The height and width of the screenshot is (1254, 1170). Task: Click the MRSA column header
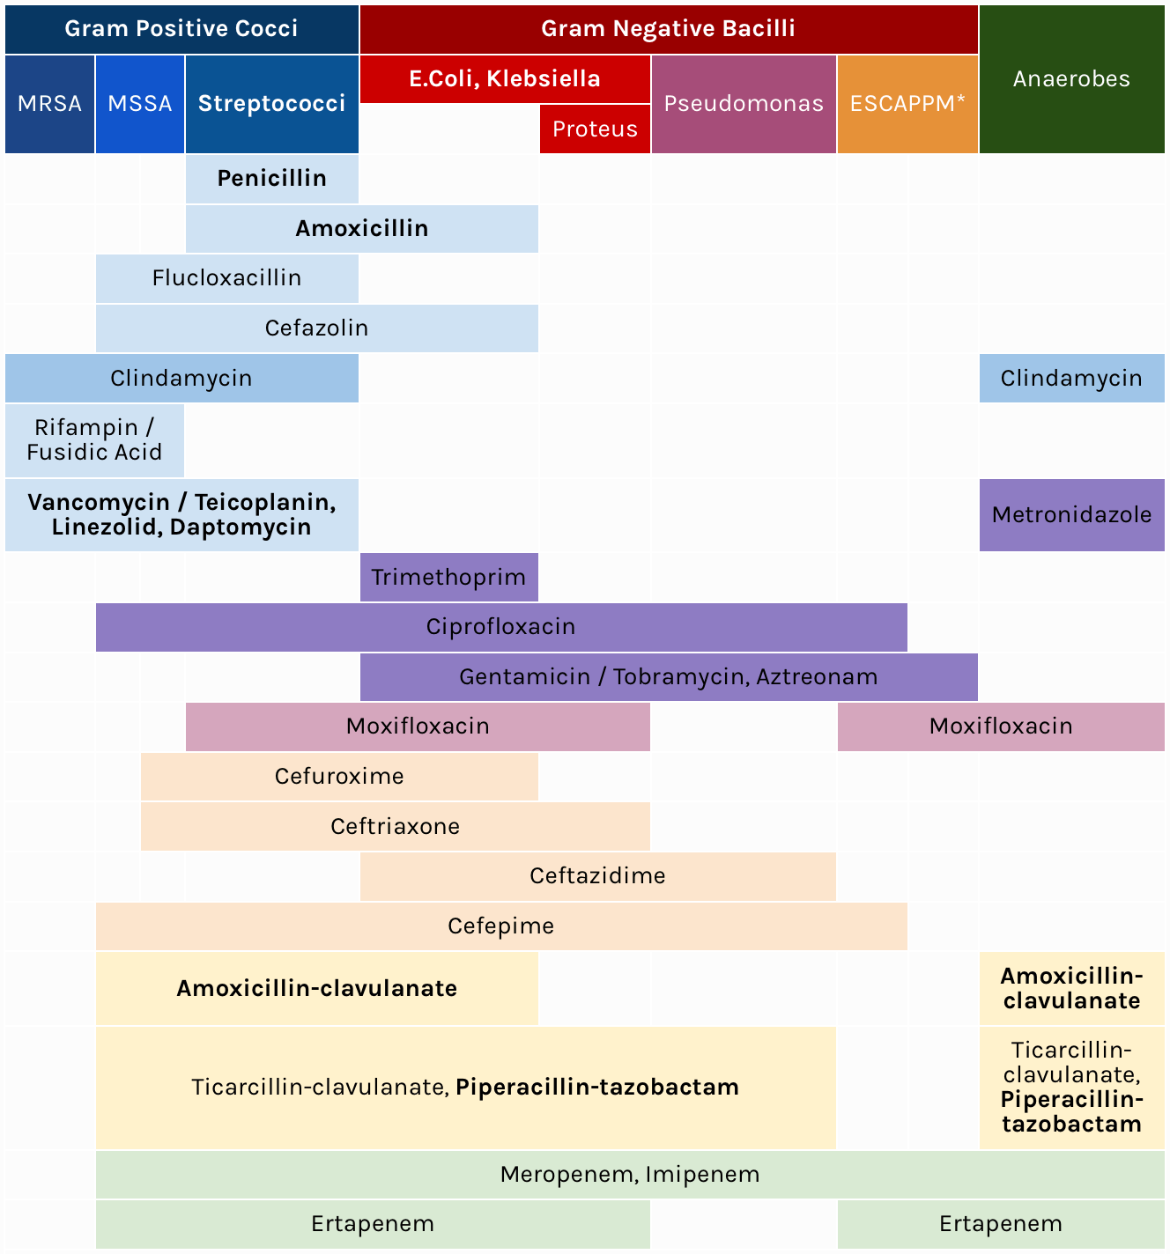(x=49, y=104)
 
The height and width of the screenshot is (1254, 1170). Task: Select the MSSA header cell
(x=140, y=104)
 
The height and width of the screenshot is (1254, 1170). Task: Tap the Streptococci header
(x=271, y=104)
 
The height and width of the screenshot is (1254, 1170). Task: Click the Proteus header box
(x=595, y=129)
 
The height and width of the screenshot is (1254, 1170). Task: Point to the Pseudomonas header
(x=744, y=104)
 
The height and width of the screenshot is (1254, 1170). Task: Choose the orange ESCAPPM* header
(x=907, y=104)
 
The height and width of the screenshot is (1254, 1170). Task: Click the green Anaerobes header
(x=1071, y=79)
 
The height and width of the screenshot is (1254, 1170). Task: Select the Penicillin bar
(x=271, y=179)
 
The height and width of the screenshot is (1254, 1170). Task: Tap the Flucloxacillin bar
(x=226, y=278)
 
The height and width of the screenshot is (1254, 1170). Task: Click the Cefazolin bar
(x=316, y=328)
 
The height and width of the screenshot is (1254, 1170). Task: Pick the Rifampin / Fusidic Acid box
(x=94, y=440)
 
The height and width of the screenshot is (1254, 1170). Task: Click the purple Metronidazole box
(x=1071, y=515)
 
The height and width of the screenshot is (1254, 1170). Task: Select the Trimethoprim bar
(x=448, y=578)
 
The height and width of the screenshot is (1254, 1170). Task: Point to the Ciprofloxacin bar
(x=500, y=627)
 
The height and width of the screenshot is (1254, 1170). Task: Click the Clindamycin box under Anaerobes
(x=1071, y=379)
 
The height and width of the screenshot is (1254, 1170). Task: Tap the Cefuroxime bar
(x=339, y=777)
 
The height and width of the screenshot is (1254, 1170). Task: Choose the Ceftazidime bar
(x=597, y=876)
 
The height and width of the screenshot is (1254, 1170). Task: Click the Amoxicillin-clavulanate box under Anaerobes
(x=1071, y=988)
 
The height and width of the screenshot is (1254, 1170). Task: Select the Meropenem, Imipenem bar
(x=629, y=1175)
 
